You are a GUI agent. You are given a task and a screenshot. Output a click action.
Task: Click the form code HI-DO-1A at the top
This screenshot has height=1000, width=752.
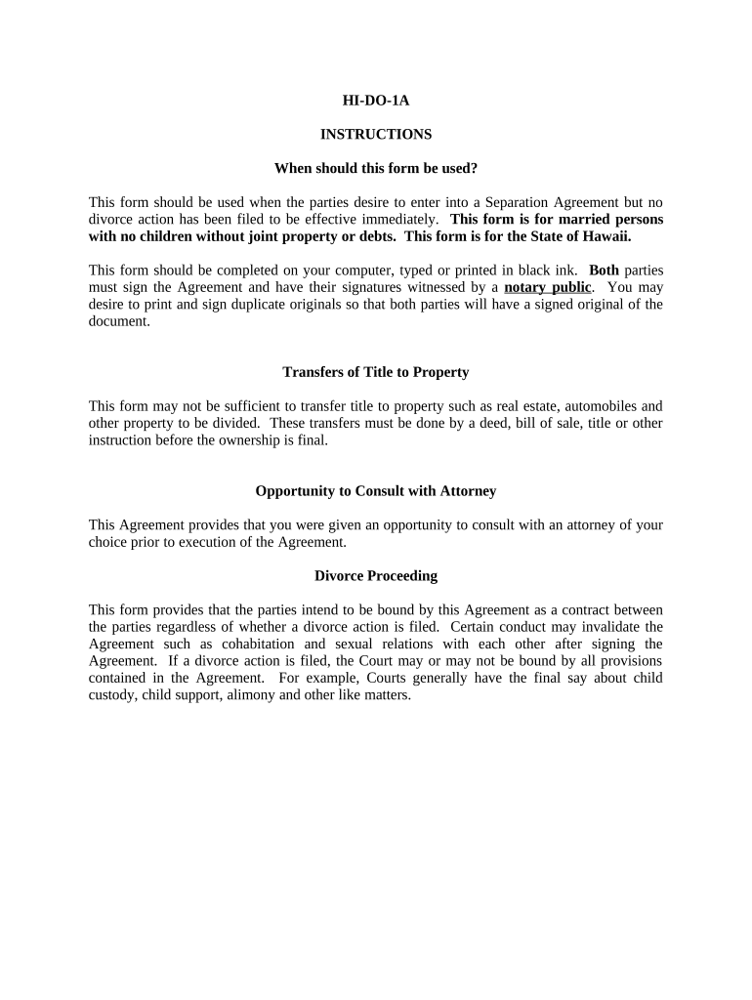[x=375, y=101]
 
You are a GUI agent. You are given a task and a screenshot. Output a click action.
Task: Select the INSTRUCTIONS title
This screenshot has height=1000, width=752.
[x=375, y=134]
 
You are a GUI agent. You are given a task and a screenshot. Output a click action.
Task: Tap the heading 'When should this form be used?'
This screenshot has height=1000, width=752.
[x=375, y=168]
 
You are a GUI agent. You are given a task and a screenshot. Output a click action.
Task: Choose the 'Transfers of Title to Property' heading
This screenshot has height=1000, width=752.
[x=375, y=372]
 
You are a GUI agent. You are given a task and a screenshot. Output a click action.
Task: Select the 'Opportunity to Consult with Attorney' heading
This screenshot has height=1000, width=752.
[x=375, y=491]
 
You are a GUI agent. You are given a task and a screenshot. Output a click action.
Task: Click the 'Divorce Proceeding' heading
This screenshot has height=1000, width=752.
[x=375, y=576]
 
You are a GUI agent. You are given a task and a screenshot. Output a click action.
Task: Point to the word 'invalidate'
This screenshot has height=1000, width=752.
[x=603, y=627]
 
